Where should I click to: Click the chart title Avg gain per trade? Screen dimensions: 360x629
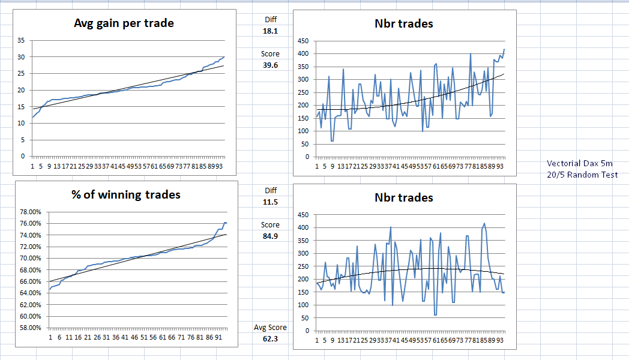(x=124, y=24)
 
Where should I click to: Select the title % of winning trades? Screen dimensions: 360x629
(x=125, y=194)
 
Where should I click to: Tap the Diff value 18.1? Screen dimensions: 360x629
(x=270, y=31)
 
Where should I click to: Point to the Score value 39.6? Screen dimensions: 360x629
(x=270, y=65)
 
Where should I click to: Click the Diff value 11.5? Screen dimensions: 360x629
(x=270, y=202)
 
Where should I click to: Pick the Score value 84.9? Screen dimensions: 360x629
(x=270, y=236)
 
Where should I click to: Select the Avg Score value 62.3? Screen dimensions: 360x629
(x=270, y=339)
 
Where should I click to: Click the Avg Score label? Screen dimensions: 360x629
(x=270, y=328)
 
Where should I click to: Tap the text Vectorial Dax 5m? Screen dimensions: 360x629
(x=577, y=163)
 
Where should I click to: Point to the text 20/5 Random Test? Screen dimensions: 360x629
(x=582, y=175)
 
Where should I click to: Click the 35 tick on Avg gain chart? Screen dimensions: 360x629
(x=22, y=40)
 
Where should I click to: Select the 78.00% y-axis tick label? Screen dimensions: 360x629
(x=29, y=212)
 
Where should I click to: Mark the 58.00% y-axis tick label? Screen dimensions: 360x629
(x=29, y=328)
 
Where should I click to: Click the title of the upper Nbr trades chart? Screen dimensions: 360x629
(x=403, y=24)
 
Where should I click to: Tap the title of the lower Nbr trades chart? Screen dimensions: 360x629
(x=403, y=197)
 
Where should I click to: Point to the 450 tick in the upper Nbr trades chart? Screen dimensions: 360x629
(x=303, y=41)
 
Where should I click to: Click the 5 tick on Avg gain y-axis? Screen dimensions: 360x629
(x=23, y=140)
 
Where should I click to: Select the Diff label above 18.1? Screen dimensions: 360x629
(x=270, y=20)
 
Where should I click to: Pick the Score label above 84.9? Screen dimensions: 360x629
(x=270, y=225)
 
